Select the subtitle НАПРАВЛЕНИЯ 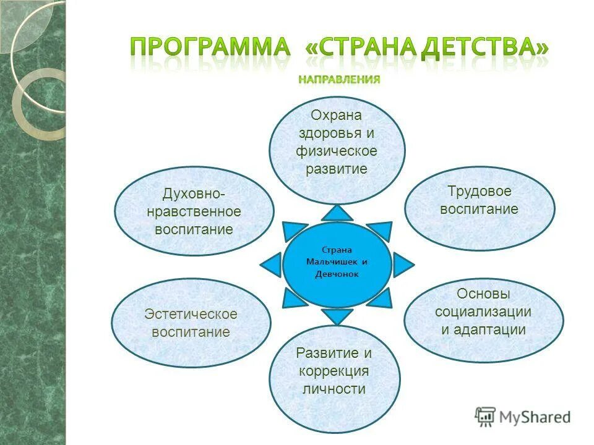[338, 80]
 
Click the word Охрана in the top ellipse [336, 116]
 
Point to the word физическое [336, 151]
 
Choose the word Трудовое [479, 191]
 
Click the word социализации [483, 311]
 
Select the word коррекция [334, 371]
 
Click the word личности [334, 389]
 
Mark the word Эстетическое [191, 314]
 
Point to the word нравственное [194, 212]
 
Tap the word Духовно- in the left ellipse [194, 194]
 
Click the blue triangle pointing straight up [337, 213]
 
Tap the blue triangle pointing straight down [337, 316]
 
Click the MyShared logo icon [485, 417]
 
